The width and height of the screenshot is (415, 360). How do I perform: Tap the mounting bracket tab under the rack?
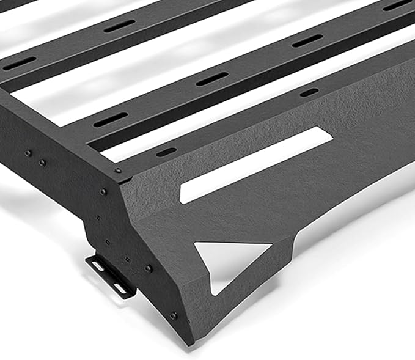point(111,276)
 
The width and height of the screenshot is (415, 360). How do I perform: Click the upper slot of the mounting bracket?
point(98,266)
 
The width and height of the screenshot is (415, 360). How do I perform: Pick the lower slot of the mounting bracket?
point(120,287)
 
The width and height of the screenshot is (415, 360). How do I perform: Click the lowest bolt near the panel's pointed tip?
point(174,315)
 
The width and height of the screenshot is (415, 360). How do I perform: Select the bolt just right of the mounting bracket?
point(149,268)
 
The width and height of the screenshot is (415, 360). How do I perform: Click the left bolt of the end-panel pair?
point(28,153)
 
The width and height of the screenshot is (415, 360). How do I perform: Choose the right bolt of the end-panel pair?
point(42,163)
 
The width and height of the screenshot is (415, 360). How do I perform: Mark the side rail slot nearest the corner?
point(166,152)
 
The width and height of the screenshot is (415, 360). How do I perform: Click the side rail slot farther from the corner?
point(309,92)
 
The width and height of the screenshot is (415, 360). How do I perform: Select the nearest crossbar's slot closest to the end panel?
point(111,119)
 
